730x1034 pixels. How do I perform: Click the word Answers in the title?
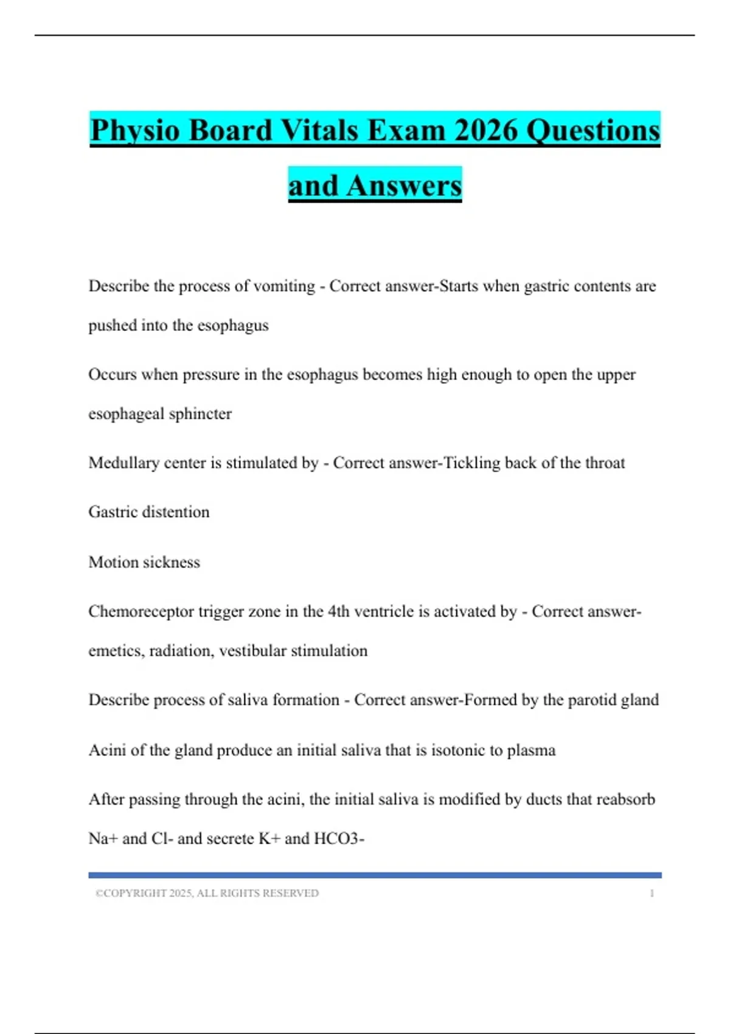coord(404,186)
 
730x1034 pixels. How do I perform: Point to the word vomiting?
coord(284,286)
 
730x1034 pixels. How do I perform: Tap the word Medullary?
coord(124,463)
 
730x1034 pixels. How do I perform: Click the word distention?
coord(175,512)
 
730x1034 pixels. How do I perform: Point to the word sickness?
coord(171,562)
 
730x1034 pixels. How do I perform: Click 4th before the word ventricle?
coord(339,611)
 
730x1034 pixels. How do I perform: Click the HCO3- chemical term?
coord(339,839)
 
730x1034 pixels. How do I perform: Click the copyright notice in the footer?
coord(207,893)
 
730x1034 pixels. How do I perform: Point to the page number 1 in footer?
coord(652,893)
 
